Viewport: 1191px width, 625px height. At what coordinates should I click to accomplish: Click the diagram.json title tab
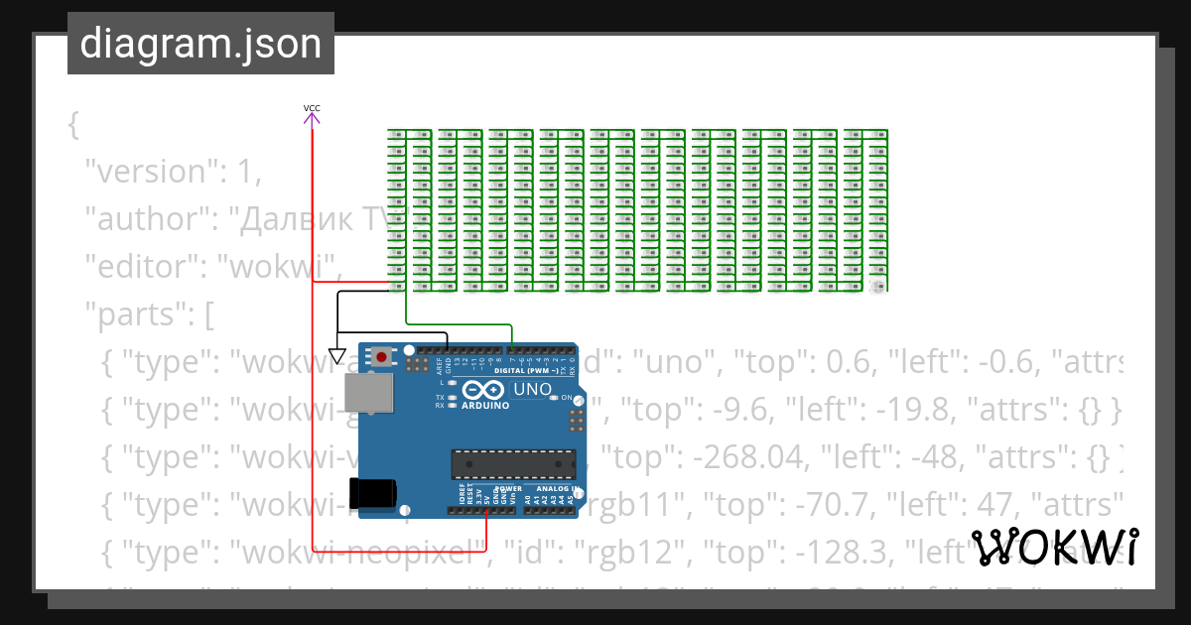pyautogui.click(x=200, y=44)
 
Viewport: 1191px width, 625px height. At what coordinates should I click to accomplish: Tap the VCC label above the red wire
pyautogui.click(x=312, y=108)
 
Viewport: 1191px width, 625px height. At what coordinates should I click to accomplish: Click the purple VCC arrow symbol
pyautogui.click(x=312, y=120)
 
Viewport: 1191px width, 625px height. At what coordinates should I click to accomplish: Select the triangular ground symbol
pyautogui.click(x=336, y=356)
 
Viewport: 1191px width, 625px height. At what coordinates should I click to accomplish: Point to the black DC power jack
pyautogui.click(x=371, y=494)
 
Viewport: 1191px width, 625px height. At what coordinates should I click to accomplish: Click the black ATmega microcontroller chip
pyautogui.click(x=513, y=463)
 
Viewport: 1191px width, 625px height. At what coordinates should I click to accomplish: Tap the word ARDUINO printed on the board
pyautogui.click(x=485, y=406)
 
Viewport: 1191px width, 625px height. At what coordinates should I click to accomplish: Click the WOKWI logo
pyautogui.click(x=1054, y=547)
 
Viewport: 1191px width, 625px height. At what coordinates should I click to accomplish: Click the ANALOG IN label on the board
pyautogui.click(x=557, y=489)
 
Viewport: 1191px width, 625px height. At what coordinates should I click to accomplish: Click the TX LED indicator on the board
pyautogui.click(x=453, y=398)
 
